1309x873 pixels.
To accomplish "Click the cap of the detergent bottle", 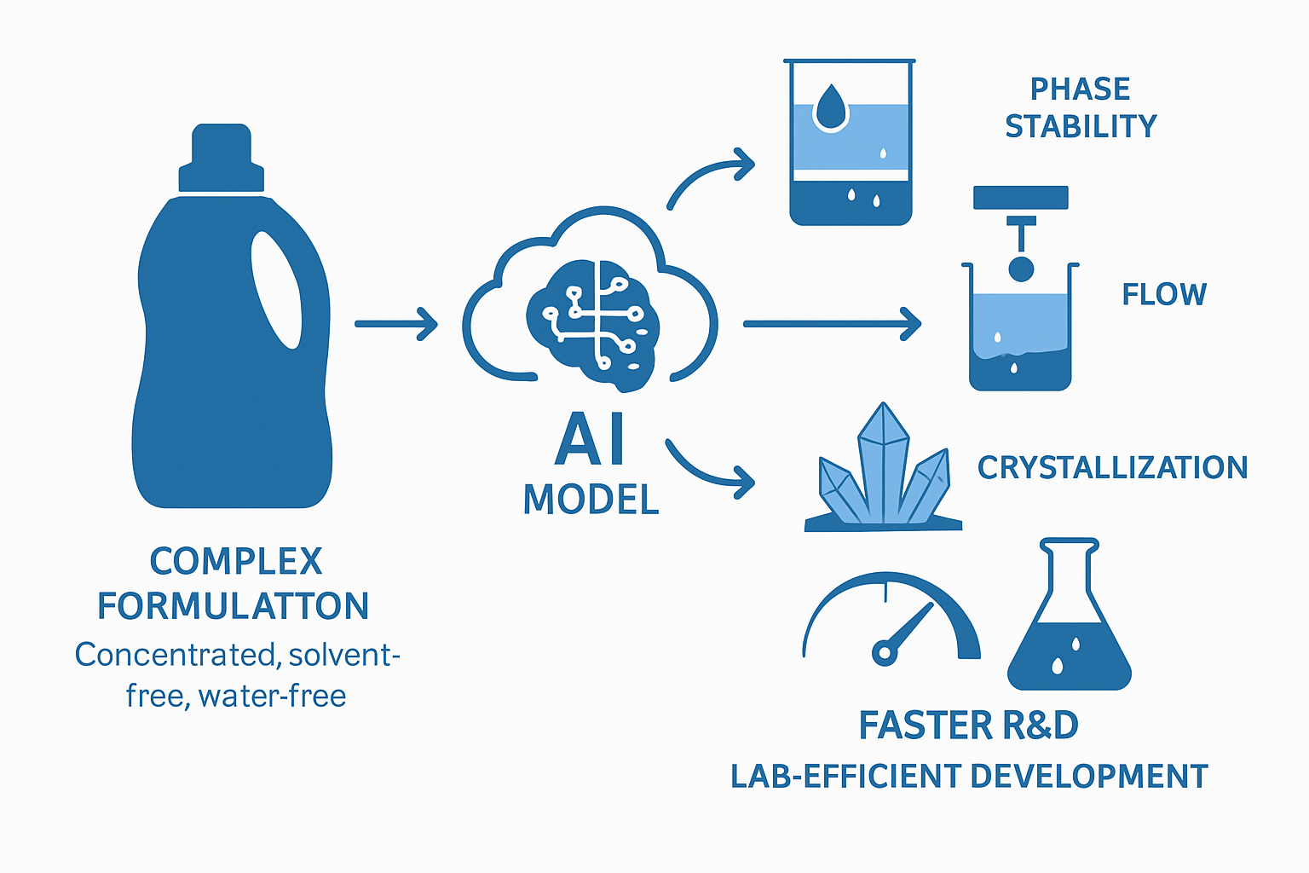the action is pos(222,158).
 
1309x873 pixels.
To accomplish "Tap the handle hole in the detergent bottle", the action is pos(276,290).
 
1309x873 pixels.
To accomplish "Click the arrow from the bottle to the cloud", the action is pos(396,323).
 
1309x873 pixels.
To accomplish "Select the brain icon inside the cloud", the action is pos(592,325).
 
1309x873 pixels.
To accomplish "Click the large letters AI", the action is pos(589,438).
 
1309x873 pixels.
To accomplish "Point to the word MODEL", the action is pos(591,500).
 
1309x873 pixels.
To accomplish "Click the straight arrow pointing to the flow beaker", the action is pos(832,323).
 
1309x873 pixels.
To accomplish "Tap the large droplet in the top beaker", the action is pos(830,107).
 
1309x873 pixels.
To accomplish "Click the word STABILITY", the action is pos(1081,126).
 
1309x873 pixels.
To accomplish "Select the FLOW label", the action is pos(1164,294).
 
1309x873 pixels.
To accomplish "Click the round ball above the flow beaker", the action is pos(1021,269).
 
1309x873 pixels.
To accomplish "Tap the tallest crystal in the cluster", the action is pos(884,462).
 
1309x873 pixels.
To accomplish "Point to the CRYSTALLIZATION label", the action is pos(1113,468).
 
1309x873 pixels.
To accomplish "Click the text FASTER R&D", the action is pos(968,725).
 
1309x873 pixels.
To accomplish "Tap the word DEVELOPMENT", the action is pos(1088,776).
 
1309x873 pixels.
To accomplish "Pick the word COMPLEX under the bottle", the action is pos(236,561).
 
